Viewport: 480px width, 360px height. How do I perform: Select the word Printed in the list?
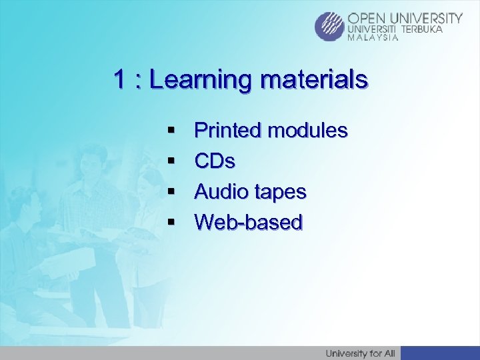click(227, 131)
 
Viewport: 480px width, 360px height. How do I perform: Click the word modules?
click(307, 131)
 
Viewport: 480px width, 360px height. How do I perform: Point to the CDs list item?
click(214, 161)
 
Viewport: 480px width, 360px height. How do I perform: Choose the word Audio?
click(220, 192)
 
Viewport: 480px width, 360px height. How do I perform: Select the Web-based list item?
click(248, 222)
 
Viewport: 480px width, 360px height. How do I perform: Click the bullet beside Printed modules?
click(171, 131)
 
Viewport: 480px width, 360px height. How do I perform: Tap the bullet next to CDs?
click(171, 161)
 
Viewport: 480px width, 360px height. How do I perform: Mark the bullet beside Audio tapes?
click(171, 192)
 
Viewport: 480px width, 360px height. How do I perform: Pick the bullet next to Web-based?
click(171, 223)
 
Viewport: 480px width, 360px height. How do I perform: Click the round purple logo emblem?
click(330, 27)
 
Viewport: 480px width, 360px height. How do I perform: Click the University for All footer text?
click(359, 353)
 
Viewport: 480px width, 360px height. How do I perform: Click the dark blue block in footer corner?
click(440, 353)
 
